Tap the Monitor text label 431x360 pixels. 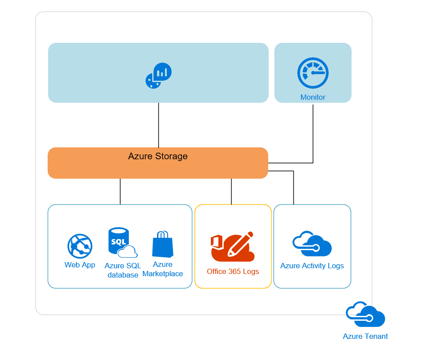click(x=313, y=97)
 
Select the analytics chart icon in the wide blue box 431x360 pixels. click(x=158, y=75)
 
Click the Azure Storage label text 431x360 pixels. click(x=158, y=156)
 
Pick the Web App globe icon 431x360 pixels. click(x=80, y=246)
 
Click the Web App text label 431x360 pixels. click(x=80, y=265)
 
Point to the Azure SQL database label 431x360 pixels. click(x=123, y=270)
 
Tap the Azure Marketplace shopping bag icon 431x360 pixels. click(x=162, y=244)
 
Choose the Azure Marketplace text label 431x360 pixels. click(x=162, y=269)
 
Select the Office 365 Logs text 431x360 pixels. click(x=233, y=271)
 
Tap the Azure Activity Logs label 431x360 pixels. click(x=312, y=266)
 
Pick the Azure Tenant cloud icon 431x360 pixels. click(x=365, y=315)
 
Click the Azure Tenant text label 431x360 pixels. click(x=365, y=336)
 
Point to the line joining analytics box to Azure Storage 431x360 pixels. click(x=158, y=125)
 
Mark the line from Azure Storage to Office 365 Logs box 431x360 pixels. click(x=231, y=191)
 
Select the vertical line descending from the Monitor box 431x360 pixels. click(x=313, y=132)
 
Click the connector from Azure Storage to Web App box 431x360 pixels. click(x=120, y=191)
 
